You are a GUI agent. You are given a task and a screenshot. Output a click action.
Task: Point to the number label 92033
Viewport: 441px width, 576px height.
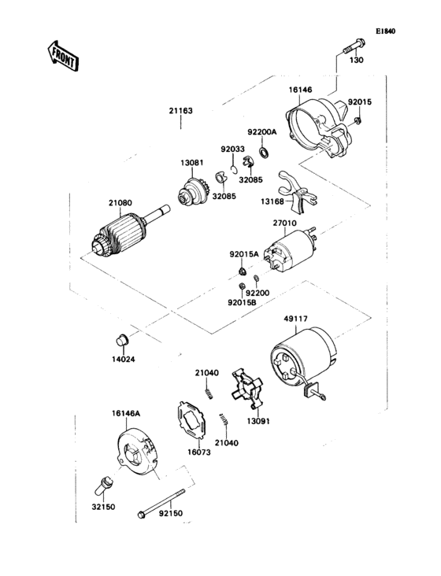tap(232, 147)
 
